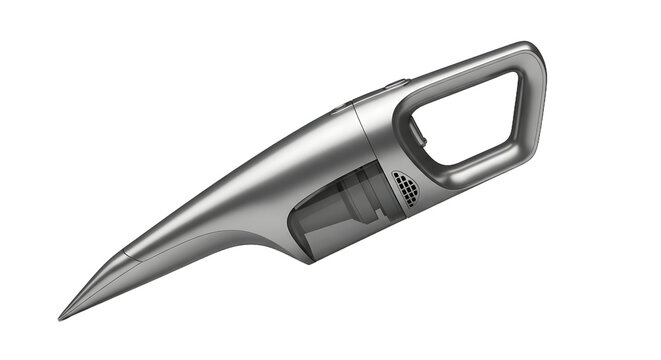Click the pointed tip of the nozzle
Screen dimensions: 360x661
pyautogui.click(x=61, y=317)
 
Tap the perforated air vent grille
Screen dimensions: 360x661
pyautogui.click(x=403, y=188)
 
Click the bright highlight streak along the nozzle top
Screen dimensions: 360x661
pyautogui.click(x=200, y=200)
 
